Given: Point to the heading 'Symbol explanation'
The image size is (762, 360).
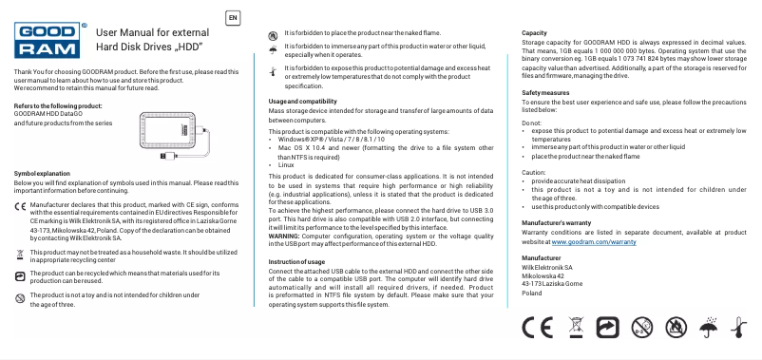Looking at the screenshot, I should point(43,173).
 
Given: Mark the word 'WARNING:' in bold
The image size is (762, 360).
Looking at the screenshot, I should point(286,236).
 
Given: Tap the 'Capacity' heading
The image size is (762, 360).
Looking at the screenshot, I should point(534,33).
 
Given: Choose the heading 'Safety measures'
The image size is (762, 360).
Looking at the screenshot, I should point(545,92).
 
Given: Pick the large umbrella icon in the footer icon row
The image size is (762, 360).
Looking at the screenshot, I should point(706,330).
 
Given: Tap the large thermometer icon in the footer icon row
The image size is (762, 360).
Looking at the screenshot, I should point(737,330).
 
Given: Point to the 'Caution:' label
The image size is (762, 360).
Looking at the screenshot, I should point(535,172).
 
